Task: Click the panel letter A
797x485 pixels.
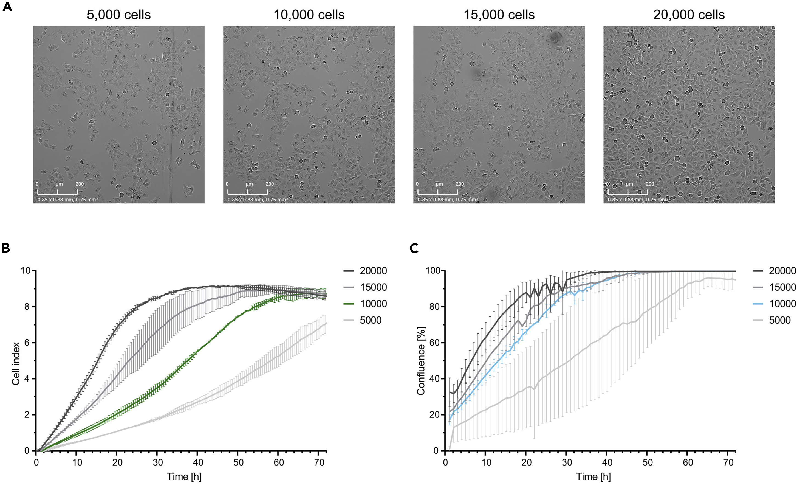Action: click(x=7, y=7)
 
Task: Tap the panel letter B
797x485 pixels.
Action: click(x=6, y=248)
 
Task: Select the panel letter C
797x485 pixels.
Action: click(x=414, y=248)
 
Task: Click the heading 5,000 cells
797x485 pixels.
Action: click(x=119, y=15)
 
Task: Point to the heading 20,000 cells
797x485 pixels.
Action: click(x=689, y=15)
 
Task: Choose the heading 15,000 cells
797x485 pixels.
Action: click(x=499, y=15)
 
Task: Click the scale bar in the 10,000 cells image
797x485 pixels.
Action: click(x=247, y=192)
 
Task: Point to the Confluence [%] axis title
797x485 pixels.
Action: click(x=421, y=361)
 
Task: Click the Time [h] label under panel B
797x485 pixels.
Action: click(x=184, y=476)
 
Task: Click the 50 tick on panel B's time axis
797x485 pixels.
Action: click(x=238, y=462)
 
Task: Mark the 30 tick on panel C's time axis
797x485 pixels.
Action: click(x=566, y=462)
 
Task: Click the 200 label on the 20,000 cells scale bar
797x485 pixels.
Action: click(x=650, y=184)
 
